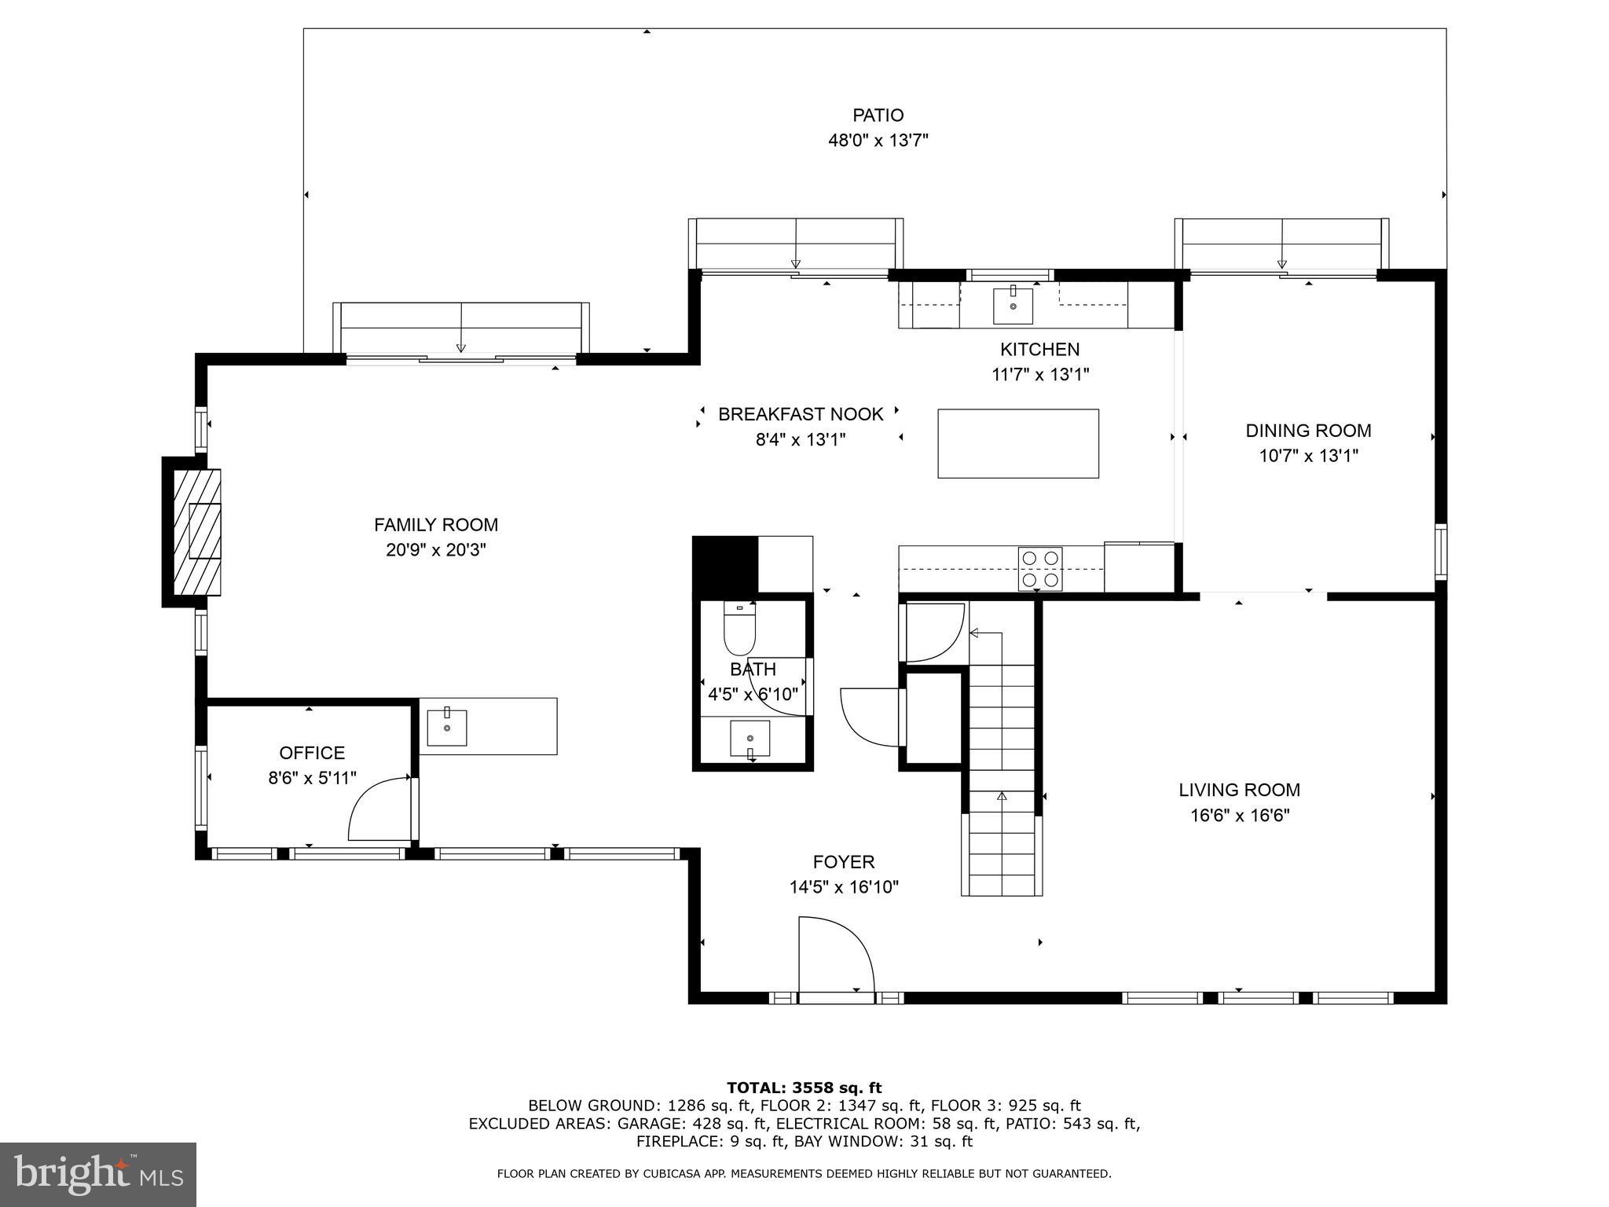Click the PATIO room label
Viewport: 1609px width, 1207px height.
[878, 116]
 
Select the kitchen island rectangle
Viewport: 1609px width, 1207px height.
[1017, 443]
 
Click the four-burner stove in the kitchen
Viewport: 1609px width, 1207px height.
[1040, 569]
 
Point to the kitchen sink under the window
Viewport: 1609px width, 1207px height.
[1013, 305]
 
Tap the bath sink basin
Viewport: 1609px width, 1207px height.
[750, 738]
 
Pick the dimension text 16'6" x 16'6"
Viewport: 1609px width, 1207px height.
[1239, 816]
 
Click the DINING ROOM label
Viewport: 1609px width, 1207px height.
[1308, 431]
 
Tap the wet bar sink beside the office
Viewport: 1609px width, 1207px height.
[446, 728]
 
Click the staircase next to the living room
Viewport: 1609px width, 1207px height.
[1002, 778]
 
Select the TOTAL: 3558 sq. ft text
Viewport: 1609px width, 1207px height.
[804, 1088]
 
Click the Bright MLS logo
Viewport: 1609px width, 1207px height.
[98, 1175]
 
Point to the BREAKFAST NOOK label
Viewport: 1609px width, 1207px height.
[801, 414]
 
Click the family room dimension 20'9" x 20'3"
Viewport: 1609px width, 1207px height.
[435, 550]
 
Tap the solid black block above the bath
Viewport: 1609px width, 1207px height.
[724, 564]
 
